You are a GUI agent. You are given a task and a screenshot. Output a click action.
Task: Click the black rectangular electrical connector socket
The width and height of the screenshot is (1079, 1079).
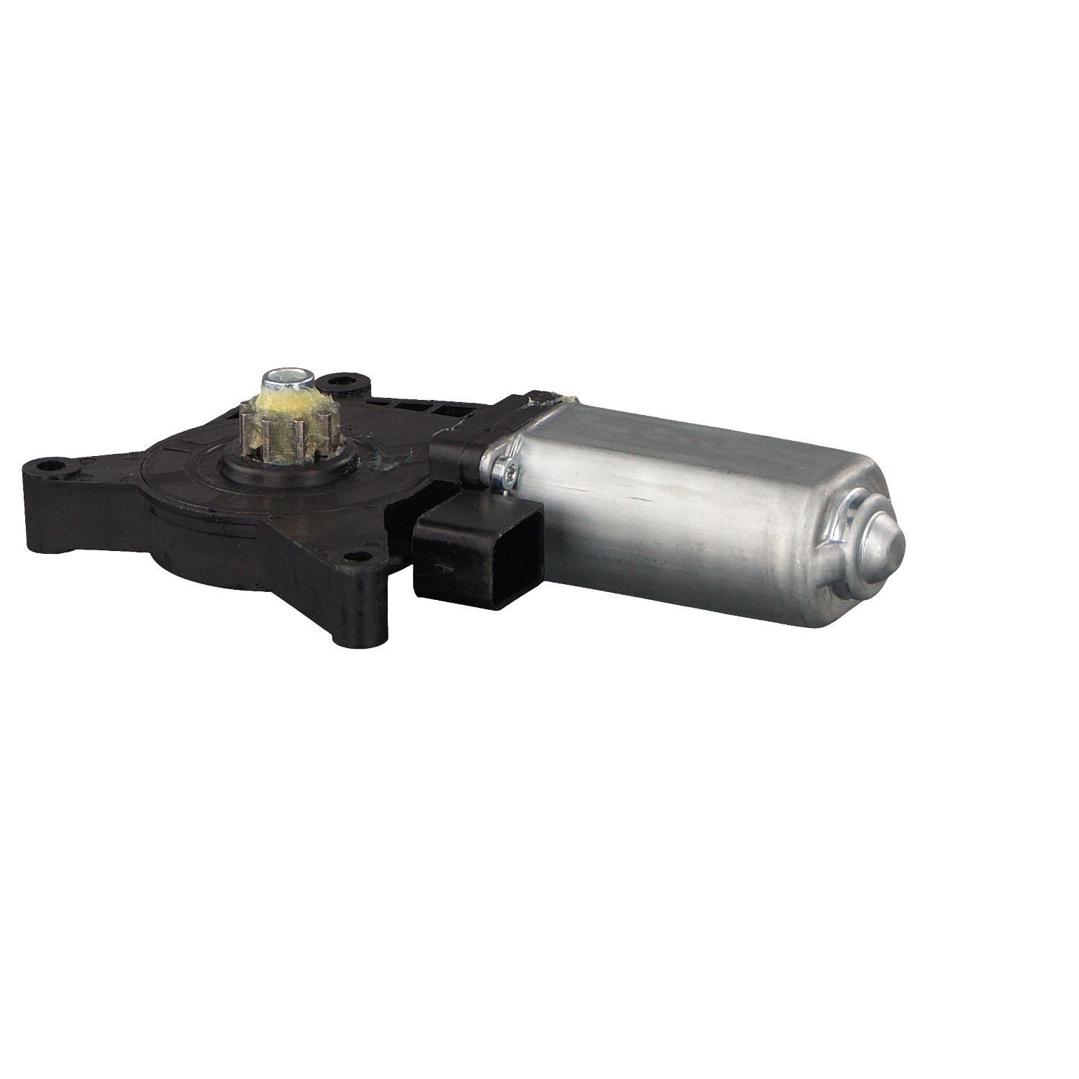478,554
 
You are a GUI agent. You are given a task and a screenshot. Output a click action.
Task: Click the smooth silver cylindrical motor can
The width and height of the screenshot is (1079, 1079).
683,511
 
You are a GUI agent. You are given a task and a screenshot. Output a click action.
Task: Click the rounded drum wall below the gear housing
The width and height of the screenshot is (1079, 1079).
201,554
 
